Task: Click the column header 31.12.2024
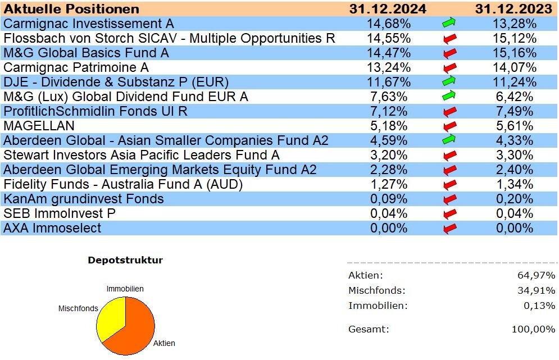coord(388,9)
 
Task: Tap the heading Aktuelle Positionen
coord(72,9)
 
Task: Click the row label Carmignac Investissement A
coord(89,24)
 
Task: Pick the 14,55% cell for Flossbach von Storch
coord(389,38)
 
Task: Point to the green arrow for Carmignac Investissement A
coord(448,24)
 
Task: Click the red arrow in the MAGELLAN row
coord(449,126)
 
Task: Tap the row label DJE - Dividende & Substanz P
coord(116,82)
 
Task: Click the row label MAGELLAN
coord(39,126)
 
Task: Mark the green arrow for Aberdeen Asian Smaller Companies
coord(448,140)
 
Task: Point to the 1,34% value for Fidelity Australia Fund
coord(512,184)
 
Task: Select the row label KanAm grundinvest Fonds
coord(84,199)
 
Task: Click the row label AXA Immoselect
coord(52,228)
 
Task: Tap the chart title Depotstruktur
coord(125,261)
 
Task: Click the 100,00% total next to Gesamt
coord(533,329)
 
